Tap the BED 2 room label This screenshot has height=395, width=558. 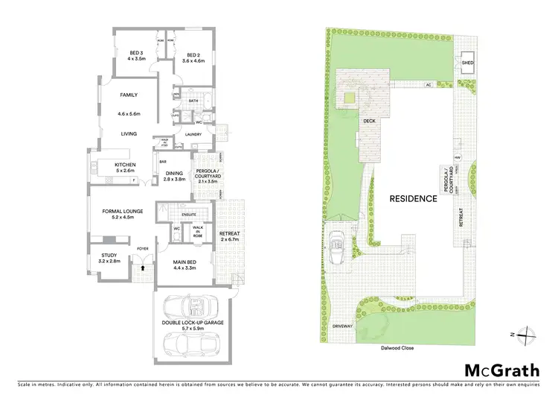(x=193, y=54)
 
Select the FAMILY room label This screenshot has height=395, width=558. (x=129, y=95)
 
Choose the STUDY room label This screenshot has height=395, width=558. (x=109, y=256)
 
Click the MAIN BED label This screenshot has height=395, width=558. (x=185, y=262)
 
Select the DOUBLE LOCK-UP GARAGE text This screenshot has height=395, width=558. (x=192, y=322)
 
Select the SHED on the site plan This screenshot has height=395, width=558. (x=467, y=63)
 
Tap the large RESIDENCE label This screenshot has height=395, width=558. (x=411, y=199)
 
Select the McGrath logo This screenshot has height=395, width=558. (x=502, y=369)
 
